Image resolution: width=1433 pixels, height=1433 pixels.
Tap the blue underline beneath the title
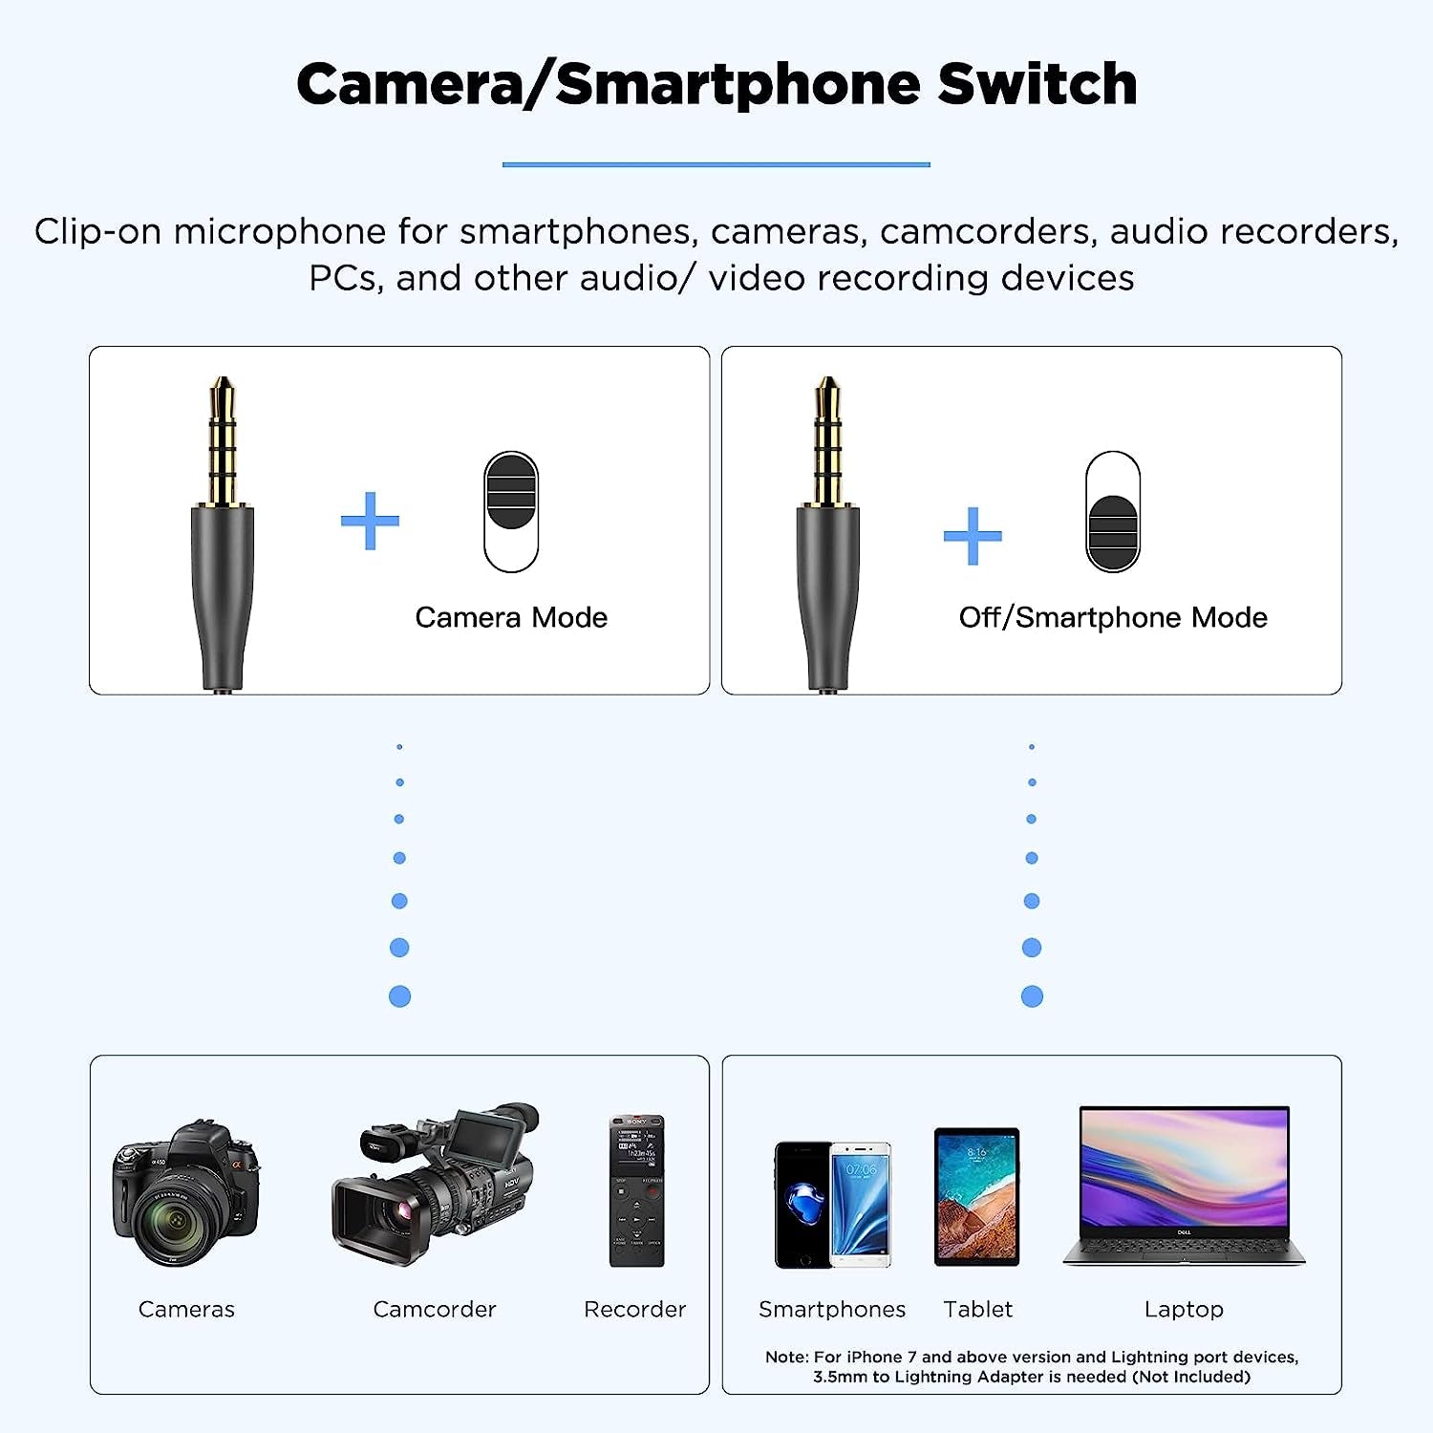[x=716, y=164]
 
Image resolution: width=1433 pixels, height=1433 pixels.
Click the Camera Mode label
[x=511, y=617]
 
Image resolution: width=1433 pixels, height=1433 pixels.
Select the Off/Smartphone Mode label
[x=1113, y=617]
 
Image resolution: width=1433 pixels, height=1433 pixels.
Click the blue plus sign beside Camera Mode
[x=370, y=521]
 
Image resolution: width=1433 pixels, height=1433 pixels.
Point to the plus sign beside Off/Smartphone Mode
[x=973, y=535]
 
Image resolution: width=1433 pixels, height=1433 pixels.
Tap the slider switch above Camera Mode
[x=511, y=511]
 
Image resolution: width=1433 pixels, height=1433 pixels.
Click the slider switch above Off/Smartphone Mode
[x=1113, y=511]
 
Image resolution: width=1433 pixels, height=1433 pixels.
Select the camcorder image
[x=435, y=1185]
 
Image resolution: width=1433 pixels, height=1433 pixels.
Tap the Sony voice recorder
[x=636, y=1190]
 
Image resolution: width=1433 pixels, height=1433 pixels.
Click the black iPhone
[x=802, y=1206]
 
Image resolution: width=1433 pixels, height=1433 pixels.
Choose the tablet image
[x=976, y=1196]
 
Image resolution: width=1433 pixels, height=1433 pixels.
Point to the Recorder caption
[x=634, y=1309]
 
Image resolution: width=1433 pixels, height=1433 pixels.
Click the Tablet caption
[x=977, y=1309]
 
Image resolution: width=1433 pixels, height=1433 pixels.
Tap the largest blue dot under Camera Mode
[x=399, y=996]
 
